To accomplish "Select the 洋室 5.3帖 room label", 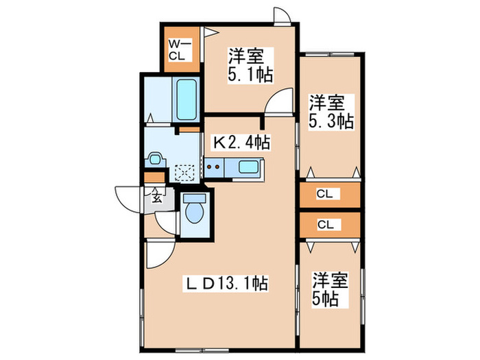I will pyautogui.click(x=330, y=112).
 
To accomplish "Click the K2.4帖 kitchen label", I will pyautogui.click(x=241, y=143).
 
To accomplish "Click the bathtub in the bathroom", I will pyautogui.click(x=186, y=100).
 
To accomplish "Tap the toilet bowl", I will pyautogui.click(x=196, y=209).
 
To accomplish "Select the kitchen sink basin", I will pyautogui.click(x=247, y=166).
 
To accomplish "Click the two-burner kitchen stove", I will pyautogui.click(x=214, y=166).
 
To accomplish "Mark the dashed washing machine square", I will pyautogui.click(x=184, y=171).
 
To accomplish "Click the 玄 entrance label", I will pyautogui.click(x=156, y=199).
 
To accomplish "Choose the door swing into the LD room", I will pyautogui.click(x=156, y=255).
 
